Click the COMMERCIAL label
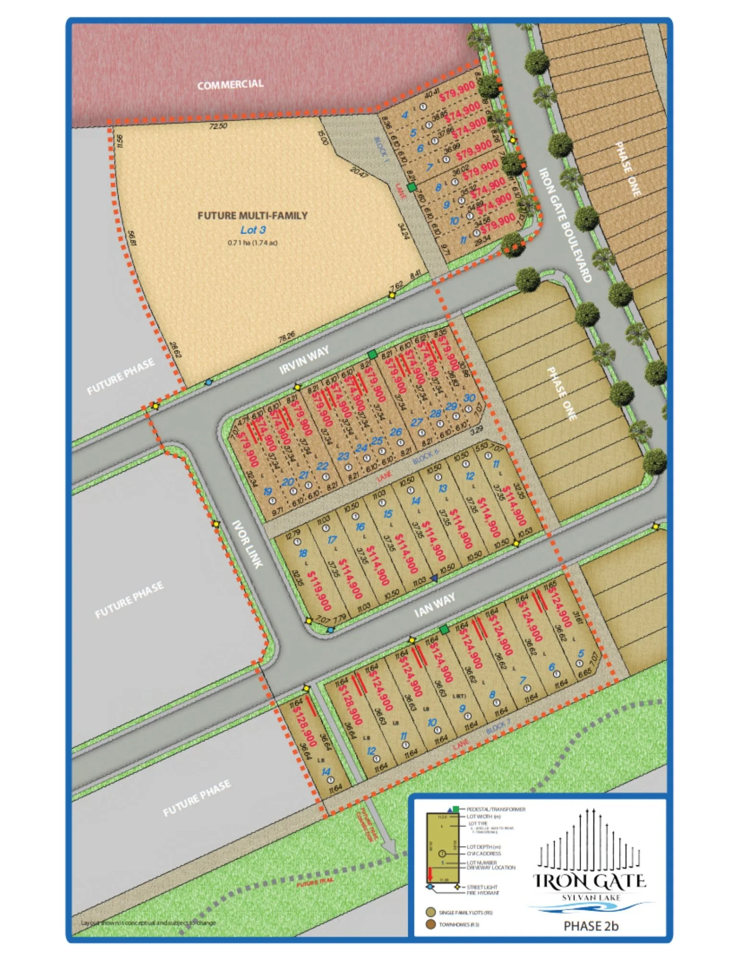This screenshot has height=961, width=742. click(x=230, y=85)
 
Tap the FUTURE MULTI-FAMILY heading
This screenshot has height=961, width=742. click(x=253, y=216)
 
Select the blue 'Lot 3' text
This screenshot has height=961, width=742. click(x=253, y=230)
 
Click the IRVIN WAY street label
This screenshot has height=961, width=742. click(x=304, y=360)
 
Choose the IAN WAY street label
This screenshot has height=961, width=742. click(x=434, y=604)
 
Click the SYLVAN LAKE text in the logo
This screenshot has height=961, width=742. click(x=591, y=898)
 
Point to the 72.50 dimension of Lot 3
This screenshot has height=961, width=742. click(x=218, y=126)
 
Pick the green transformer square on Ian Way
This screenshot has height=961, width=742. click(x=444, y=629)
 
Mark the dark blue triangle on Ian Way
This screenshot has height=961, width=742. click(x=434, y=579)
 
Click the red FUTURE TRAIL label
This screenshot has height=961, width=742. click(x=315, y=882)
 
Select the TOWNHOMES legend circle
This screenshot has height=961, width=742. click(x=430, y=924)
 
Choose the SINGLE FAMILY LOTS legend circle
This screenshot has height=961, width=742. click(x=430, y=912)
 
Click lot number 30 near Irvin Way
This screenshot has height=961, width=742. click(x=469, y=398)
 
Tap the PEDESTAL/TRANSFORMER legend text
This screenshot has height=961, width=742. click(x=496, y=809)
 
